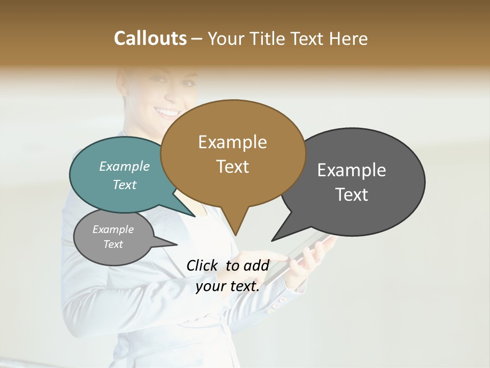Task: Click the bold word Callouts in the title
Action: (150, 38)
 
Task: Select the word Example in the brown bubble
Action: (232, 142)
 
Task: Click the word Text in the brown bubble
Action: (232, 167)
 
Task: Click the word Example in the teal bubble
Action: (125, 167)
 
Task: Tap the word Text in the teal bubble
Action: (125, 185)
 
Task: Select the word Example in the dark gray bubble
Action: (352, 170)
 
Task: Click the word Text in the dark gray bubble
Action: (352, 195)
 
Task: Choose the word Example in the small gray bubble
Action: (113, 229)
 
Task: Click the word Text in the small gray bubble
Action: (113, 244)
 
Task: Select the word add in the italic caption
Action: (257, 265)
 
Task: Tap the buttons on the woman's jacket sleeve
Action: (278, 305)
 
